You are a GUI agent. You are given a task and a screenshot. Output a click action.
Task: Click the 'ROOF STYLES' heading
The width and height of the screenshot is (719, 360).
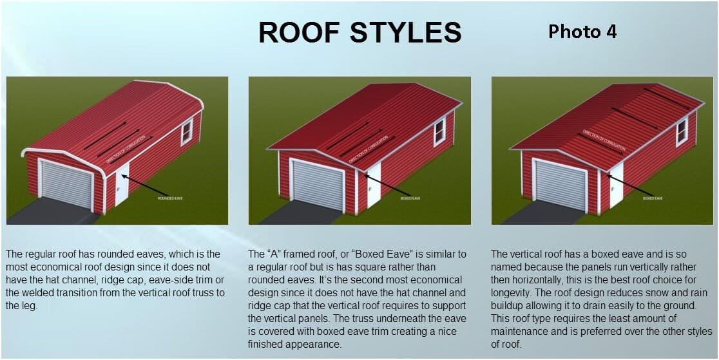pyautogui.click(x=359, y=32)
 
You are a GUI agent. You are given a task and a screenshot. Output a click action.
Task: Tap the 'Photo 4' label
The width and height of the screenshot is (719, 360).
pyautogui.click(x=582, y=31)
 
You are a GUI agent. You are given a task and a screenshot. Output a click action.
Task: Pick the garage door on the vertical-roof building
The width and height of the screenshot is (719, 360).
pyautogui.click(x=561, y=185)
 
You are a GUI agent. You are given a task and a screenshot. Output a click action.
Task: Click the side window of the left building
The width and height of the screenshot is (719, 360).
pyautogui.click(x=187, y=132)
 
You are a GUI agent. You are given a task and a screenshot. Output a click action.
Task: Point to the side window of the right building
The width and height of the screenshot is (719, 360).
pyautogui.click(x=682, y=131)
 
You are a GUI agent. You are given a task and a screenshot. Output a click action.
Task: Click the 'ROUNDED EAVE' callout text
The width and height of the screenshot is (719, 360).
pyautogui.click(x=170, y=198)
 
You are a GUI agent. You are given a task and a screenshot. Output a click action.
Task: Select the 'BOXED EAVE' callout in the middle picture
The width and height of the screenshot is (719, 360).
pyautogui.click(x=411, y=199)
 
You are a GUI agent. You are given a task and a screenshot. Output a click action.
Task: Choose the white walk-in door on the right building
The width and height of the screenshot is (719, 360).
pyautogui.click(x=616, y=184)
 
